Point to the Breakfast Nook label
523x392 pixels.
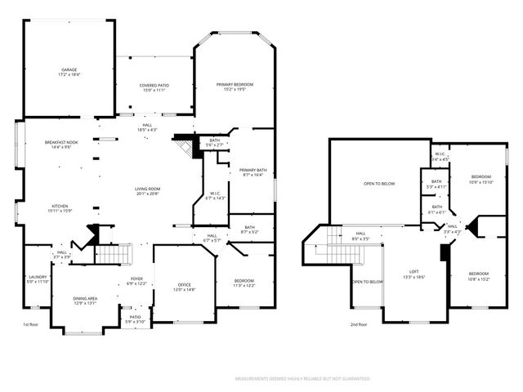[62, 145]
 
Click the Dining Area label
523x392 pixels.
[86, 301]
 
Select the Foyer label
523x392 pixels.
[136, 281]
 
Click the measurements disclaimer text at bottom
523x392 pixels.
[302, 379]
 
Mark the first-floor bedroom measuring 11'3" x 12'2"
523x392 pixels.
[244, 283]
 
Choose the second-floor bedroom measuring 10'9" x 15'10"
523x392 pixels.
[481, 180]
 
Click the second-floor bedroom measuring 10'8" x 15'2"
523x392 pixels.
[479, 276]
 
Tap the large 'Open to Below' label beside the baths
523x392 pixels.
[379, 184]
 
